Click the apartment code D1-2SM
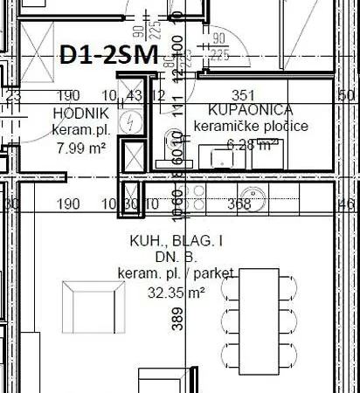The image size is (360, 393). point(108,56)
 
